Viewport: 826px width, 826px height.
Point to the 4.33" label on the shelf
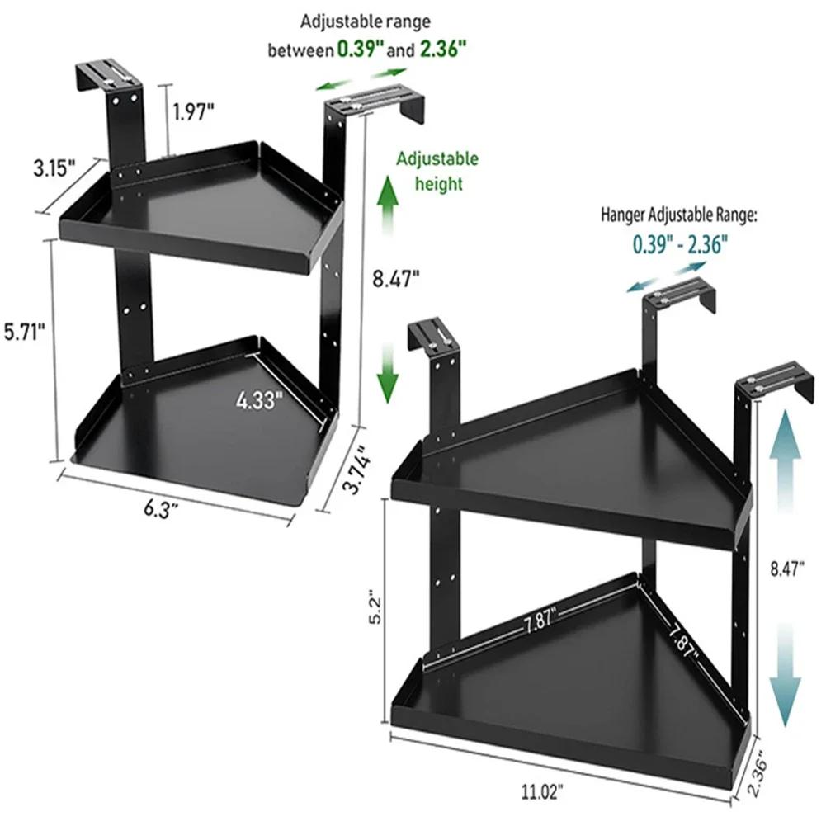tap(259, 401)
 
